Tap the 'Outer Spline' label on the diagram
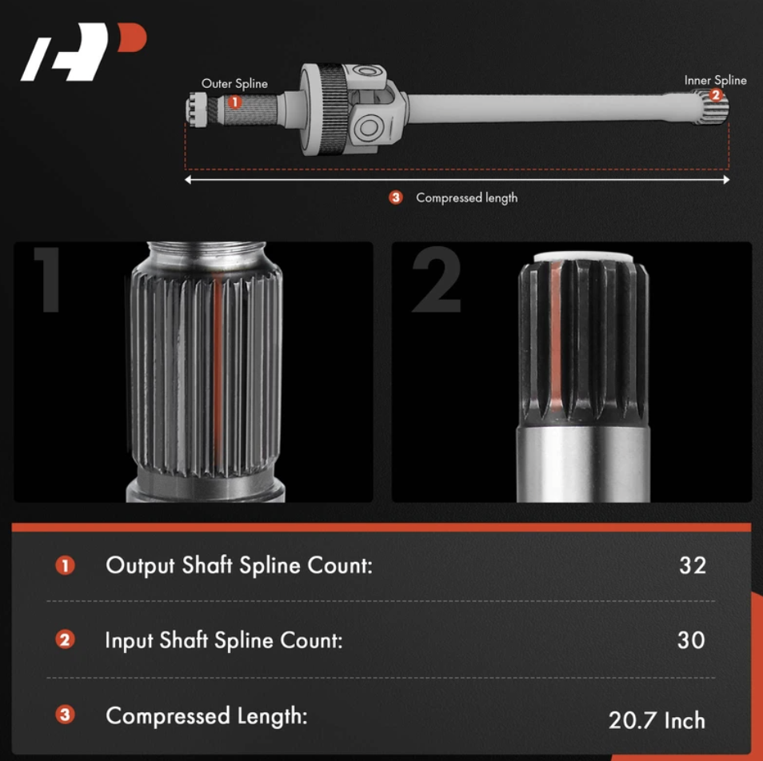234,84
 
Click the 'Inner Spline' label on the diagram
715,80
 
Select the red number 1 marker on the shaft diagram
234,102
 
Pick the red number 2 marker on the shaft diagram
715,95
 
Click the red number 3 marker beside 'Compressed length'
396,197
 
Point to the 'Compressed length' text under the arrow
466,198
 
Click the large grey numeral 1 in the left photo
48,279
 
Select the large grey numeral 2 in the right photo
437,279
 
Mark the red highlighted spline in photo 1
218,373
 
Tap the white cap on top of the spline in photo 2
583,257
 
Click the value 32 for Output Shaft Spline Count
693,565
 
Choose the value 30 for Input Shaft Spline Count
691,640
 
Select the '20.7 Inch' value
657,720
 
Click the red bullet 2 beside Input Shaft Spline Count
65,639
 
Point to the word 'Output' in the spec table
140,565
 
